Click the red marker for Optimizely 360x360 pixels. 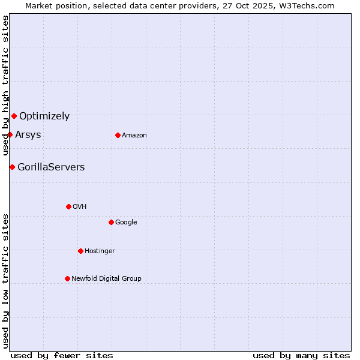[14, 116]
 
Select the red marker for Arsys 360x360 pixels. [10, 134]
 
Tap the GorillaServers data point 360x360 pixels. [12, 167]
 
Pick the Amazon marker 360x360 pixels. [118, 135]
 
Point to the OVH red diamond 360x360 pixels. [68, 206]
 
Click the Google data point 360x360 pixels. [111, 222]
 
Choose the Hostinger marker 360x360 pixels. [80, 251]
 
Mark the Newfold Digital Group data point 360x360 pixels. [67, 278]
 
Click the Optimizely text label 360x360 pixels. [44, 116]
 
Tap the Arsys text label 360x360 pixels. [28, 134]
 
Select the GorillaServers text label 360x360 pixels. [51, 167]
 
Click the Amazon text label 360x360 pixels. [134, 135]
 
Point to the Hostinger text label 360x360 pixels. [100, 251]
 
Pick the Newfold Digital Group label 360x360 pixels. [106, 278]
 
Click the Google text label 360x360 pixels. [126, 222]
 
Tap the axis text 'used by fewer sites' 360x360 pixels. [62, 355]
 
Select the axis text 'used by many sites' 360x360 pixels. [301, 355]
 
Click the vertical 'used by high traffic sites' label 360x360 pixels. [5, 86]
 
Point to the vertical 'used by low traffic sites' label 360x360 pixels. [5, 280]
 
